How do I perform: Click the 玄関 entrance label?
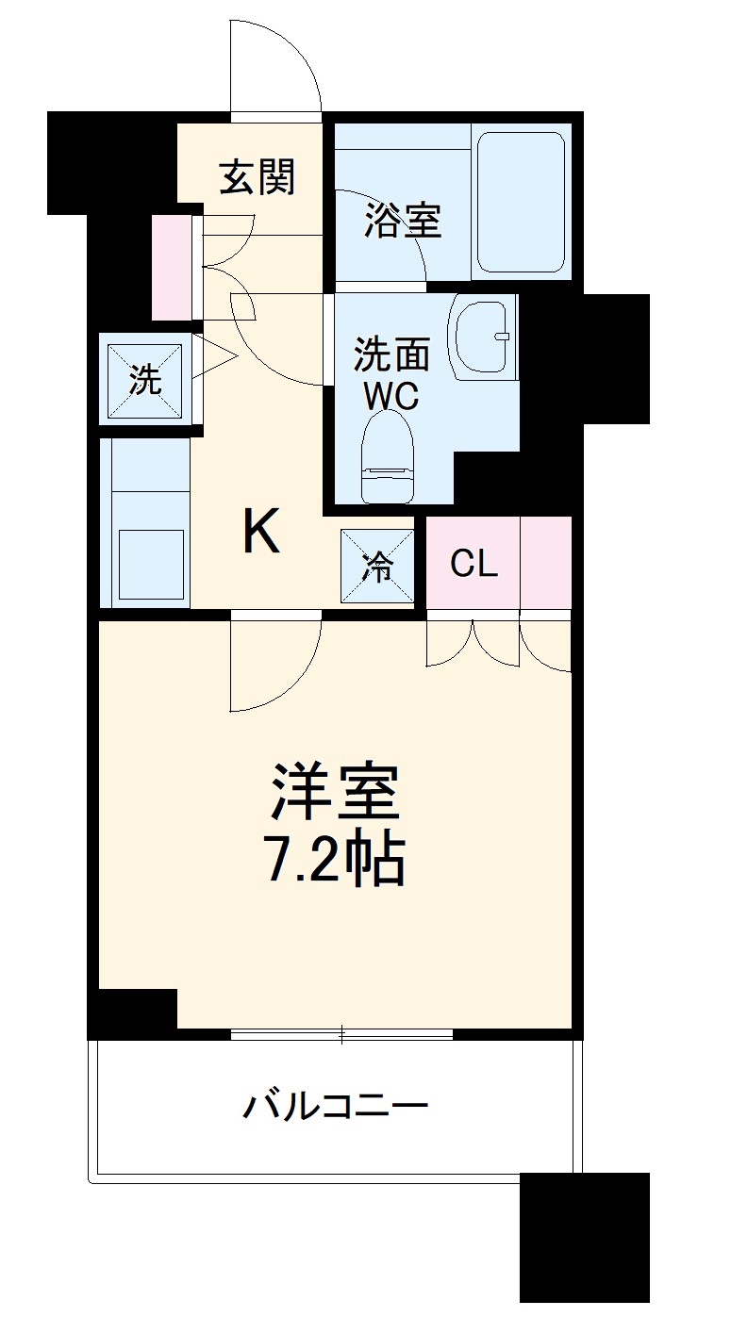pos(258,176)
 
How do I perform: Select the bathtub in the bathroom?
pos(520,202)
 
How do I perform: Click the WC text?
pos(391,396)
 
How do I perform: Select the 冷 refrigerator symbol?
pos(377,566)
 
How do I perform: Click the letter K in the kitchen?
pos(261,533)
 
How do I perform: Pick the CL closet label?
pos(473,564)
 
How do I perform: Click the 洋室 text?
pos(335,793)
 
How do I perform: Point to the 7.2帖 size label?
pos(335,858)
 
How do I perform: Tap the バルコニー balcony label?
pos(335,1104)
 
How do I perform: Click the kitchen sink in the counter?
pos(150,562)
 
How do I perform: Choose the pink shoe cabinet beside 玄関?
pos(172,267)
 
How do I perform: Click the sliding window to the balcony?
pos(341,1034)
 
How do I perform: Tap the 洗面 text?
pos(391,355)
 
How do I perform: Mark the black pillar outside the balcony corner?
pos(584,1243)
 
